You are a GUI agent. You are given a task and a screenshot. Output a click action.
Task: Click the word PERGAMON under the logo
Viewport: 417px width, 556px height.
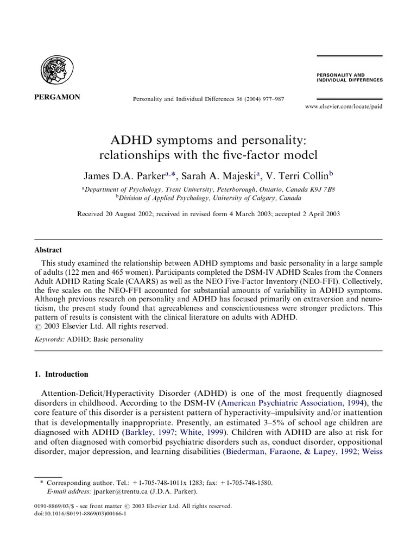tap(56, 97)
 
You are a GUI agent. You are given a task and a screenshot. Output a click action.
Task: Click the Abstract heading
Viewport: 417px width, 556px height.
tap(48, 250)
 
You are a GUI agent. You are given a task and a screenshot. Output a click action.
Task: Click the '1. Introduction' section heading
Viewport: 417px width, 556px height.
tap(61, 374)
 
